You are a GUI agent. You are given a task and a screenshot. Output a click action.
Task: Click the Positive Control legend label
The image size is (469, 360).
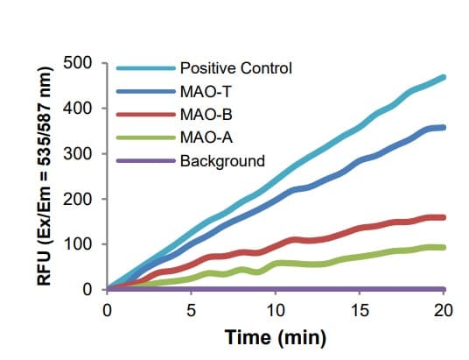pyautogui.click(x=234, y=67)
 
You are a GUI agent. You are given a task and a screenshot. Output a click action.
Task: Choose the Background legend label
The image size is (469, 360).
pyautogui.click(x=221, y=161)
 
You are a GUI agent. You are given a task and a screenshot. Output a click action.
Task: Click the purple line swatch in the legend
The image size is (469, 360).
pyautogui.click(x=144, y=161)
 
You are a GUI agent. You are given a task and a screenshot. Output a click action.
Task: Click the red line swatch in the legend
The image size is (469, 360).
pyautogui.click(x=144, y=115)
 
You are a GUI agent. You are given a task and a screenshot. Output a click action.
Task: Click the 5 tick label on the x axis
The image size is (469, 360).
pyautogui.click(x=192, y=309)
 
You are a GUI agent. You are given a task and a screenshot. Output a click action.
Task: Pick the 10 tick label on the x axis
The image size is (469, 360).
pyautogui.click(x=276, y=309)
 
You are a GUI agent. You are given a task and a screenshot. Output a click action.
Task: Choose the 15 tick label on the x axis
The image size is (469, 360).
pyautogui.click(x=360, y=309)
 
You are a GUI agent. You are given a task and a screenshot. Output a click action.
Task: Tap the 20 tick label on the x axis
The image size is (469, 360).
pyautogui.click(x=444, y=309)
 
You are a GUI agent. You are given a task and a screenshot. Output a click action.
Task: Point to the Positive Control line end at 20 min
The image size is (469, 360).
pyautogui.click(x=444, y=77)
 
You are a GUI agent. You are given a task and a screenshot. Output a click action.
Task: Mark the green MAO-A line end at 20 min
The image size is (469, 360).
pyautogui.click(x=444, y=247)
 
